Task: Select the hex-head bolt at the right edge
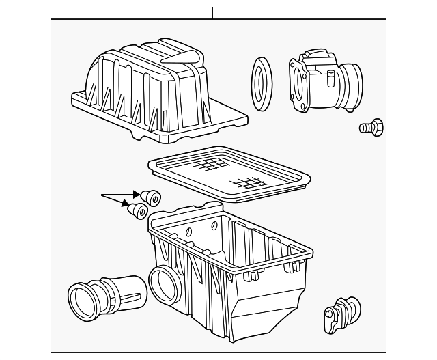[x=371, y=127]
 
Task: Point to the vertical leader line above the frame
[x=213, y=12]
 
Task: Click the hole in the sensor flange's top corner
[x=294, y=65]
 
